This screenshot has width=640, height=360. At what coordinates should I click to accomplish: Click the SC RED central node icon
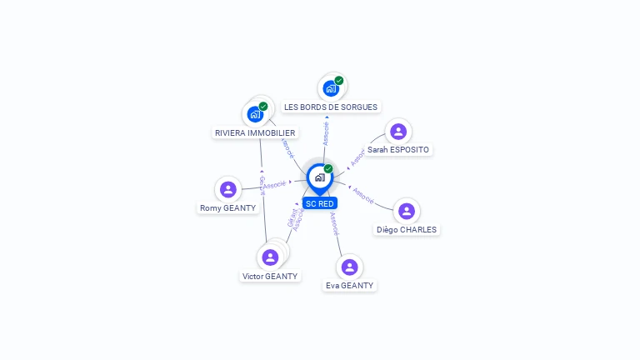pos(319,177)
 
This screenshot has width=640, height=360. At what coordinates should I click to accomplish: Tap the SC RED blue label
pos(320,203)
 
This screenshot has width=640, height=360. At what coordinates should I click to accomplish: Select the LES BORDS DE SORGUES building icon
pos(331,88)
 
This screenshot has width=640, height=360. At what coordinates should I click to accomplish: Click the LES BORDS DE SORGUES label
pos(331,107)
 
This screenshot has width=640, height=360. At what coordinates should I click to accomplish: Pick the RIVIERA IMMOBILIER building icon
pos(255,114)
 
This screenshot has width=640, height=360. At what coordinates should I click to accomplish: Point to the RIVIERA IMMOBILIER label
pos(255,132)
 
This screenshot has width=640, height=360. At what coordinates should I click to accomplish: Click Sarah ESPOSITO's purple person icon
pos(398,132)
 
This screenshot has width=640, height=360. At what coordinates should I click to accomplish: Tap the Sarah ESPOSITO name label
pos(398,150)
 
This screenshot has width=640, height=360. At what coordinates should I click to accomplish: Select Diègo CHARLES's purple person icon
pos(406,212)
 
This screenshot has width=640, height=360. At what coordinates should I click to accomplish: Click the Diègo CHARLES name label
pos(406,230)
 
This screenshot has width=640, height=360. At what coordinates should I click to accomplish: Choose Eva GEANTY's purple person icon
pos(350,267)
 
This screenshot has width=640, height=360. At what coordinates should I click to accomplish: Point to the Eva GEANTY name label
pos(350,285)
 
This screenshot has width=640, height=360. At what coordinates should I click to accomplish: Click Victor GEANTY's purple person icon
pos(270,257)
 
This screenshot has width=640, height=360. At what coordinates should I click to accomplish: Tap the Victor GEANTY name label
pos(270,276)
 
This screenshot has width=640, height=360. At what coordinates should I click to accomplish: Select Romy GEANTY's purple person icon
pos(228,190)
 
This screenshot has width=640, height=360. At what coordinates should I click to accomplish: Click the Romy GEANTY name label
pos(228,208)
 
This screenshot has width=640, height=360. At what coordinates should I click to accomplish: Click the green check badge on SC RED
pos(328,168)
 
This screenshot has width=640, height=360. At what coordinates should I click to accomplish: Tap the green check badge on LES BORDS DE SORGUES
pos(339,81)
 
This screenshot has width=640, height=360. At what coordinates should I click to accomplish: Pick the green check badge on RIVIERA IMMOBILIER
pos(263,107)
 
